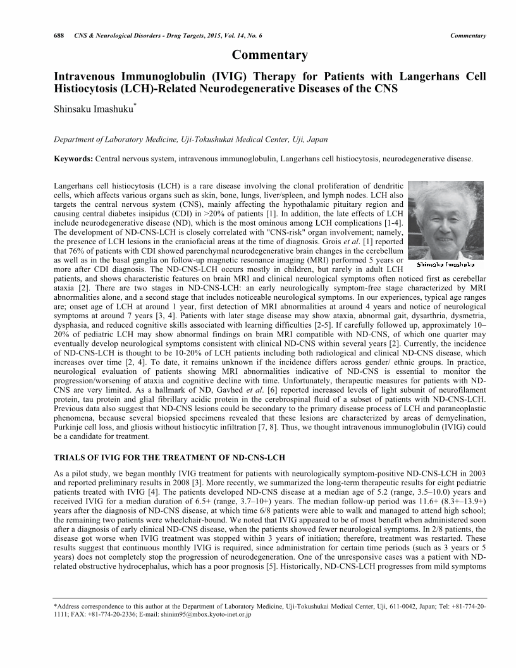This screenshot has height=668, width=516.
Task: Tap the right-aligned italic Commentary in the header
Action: point(468,35)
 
